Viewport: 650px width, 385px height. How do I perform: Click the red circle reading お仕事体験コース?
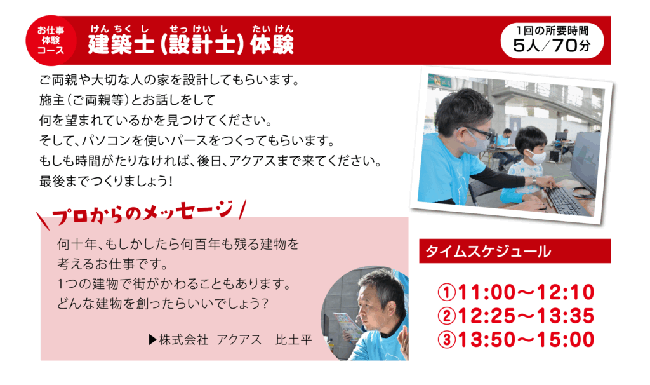(x=51, y=41)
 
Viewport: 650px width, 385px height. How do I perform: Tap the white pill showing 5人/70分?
(x=552, y=40)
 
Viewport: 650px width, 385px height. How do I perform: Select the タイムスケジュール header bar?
(x=515, y=251)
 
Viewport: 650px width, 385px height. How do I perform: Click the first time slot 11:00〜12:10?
(x=516, y=292)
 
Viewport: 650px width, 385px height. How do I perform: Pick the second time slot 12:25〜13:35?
(x=516, y=316)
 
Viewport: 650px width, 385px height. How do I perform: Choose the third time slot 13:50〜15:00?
(x=516, y=339)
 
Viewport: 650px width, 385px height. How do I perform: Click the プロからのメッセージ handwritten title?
(x=142, y=213)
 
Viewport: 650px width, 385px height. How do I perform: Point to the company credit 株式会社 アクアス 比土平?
(x=230, y=340)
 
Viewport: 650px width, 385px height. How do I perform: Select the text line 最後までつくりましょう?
(x=106, y=181)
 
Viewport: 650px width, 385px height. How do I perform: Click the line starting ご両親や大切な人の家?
(x=169, y=79)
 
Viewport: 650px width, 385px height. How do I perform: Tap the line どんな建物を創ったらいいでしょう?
(x=163, y=304)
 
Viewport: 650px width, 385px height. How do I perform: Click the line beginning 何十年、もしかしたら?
(x=178, y=244)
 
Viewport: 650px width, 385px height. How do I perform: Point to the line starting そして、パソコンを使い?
(x=187, y=140)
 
